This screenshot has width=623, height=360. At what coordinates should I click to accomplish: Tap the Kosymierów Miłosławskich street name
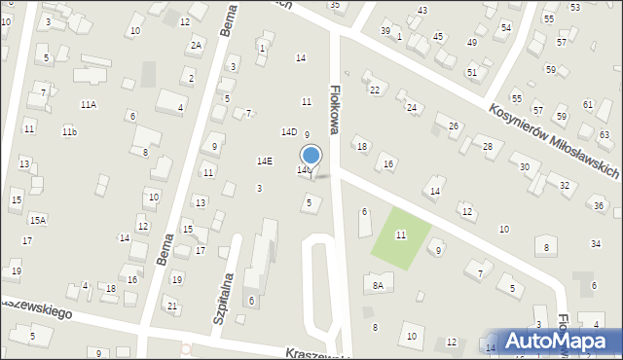(555, 141)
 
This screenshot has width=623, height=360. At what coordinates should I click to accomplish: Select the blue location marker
(311, 156)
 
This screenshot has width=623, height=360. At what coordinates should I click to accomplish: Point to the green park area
(400, 235)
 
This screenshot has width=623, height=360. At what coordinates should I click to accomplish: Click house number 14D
(289, 131)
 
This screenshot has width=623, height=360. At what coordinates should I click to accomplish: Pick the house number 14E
(265, 161)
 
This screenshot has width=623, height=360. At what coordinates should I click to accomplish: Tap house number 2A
(196, 45)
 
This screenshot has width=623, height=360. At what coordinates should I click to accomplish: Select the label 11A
(89, 104)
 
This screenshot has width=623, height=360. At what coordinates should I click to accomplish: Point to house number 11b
(69, 131)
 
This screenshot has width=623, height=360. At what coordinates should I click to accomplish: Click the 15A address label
(37, 220)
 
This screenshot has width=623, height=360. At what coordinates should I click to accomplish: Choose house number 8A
(378, 285)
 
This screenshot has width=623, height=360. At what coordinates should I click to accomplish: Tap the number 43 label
(421, 10)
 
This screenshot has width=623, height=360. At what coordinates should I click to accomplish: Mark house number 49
(472, 43)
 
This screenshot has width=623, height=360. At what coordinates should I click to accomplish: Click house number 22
(375, 90)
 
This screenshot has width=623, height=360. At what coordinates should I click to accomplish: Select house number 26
(453, 126)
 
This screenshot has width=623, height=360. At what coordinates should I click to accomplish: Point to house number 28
(488, 146)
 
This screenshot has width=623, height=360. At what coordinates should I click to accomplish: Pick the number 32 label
(565, 185)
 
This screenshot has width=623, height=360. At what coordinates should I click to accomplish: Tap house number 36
(600, 206)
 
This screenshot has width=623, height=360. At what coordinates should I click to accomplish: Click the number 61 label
(588, 104)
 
